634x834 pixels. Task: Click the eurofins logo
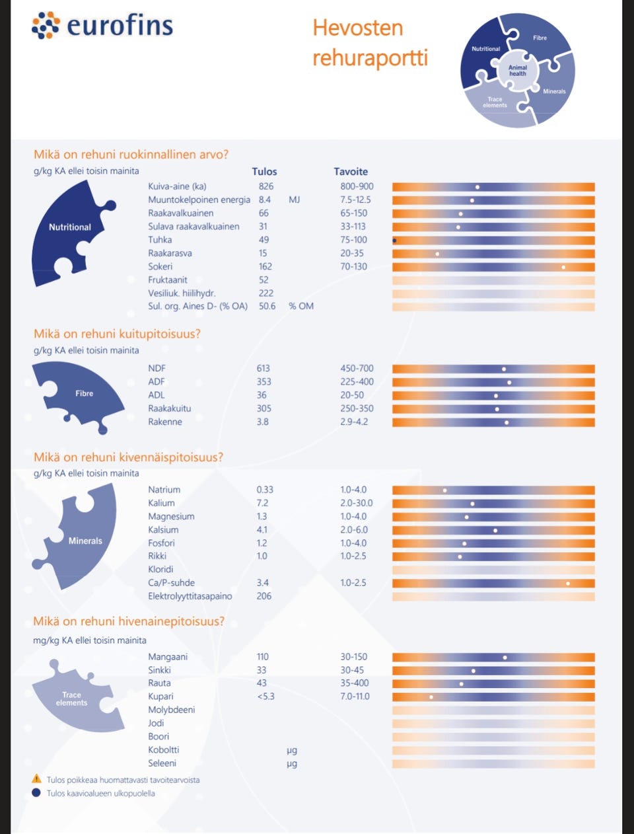point(102,26)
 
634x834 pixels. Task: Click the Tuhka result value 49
point(264,240)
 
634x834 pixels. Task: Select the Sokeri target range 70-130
point(353,266)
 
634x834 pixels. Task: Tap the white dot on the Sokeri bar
point(563,268)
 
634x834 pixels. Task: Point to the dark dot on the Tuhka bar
point(394,241)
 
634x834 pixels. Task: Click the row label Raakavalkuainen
point(181,213)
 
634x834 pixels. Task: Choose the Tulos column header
point(265,172)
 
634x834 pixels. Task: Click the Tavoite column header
point(351,172)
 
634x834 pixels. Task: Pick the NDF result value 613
point(263,368)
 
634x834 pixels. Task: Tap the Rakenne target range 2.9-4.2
point(354,422)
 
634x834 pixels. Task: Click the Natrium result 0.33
point(265,490)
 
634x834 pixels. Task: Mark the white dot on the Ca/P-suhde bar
point(568,584)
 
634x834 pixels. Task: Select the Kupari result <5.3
point(265,696)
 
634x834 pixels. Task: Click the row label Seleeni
point(162,763)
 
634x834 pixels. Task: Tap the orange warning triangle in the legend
point(36,778)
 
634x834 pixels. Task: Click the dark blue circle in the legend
point(36,792)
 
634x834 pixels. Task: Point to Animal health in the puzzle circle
point(518,70)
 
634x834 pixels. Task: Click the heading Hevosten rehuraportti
point(370,42)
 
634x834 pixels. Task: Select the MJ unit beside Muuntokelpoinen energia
point(295,200)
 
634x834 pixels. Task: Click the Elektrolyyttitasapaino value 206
point(264,596)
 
